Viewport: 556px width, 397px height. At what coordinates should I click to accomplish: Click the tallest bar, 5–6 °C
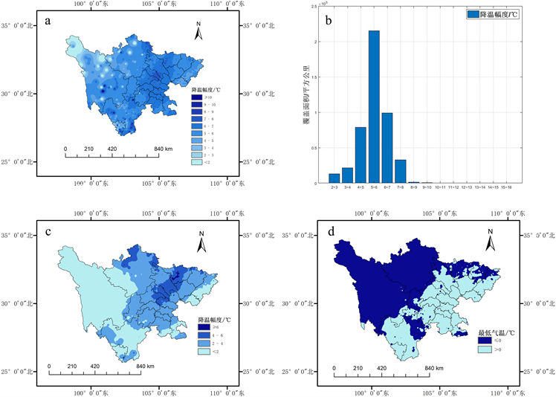tap(374, 107)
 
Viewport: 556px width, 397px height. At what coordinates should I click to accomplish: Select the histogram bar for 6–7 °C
tap(387, 148)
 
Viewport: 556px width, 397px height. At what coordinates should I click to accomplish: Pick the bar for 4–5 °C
tap(361, 155)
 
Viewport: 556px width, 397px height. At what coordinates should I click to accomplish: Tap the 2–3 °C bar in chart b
tap(334, 178)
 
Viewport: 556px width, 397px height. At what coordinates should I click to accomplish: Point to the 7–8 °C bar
tap(400, 172)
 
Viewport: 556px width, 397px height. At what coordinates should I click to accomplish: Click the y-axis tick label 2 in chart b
tap(318, 42)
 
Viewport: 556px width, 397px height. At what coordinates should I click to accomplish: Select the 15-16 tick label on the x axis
tap(506, 187)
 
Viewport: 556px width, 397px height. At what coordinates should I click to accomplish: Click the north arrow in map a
tap(198, 30)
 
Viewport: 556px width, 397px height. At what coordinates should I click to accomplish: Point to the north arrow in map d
tap(490, 238)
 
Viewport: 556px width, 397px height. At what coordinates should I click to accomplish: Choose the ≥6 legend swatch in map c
tap(203, 327)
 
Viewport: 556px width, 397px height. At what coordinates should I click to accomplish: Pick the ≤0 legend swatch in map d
tap(483, 340)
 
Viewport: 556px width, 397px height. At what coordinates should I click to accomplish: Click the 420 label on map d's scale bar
tap(382, 369)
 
